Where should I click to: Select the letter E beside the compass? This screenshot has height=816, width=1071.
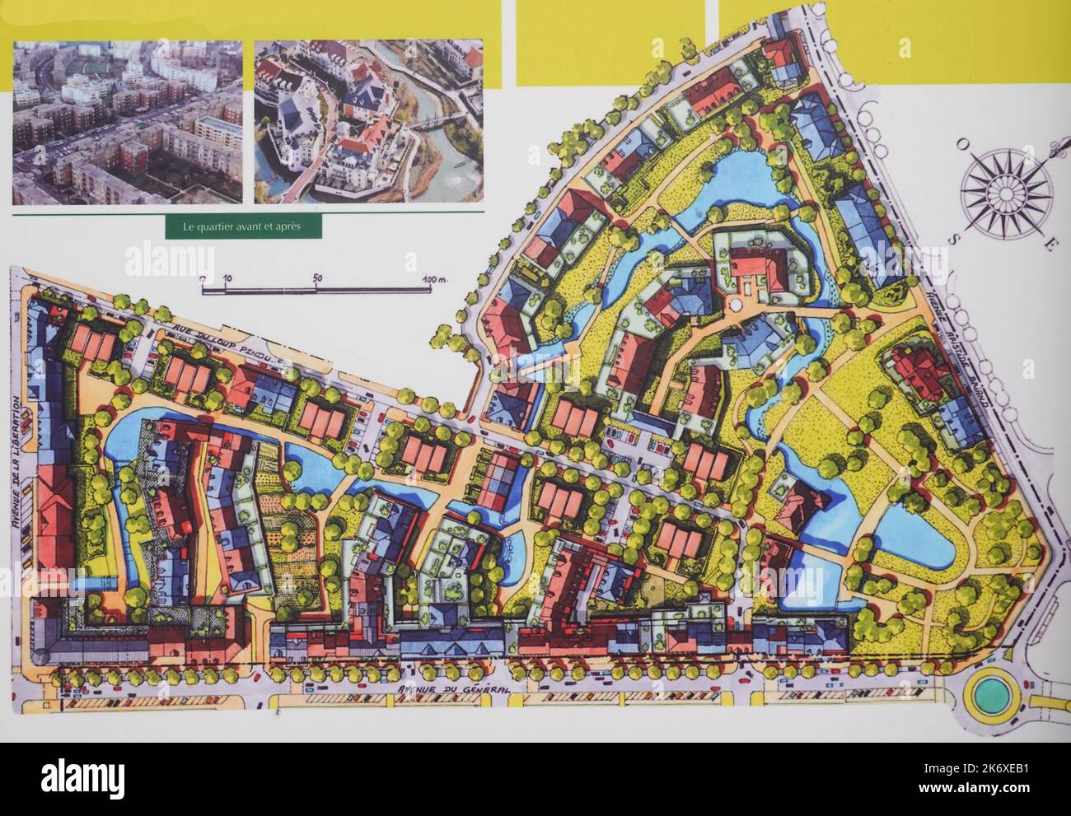tap(1050, 245)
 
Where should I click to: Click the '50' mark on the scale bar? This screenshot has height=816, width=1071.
tap(317, 278)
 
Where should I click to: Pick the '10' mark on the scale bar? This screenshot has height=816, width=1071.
tap(227, 278)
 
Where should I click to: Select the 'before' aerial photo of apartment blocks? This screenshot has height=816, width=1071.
tap(128, 121)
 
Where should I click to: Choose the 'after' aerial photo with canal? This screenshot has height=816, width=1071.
tap(368, 121)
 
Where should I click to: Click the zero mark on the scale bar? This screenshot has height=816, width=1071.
tap(203, 278)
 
